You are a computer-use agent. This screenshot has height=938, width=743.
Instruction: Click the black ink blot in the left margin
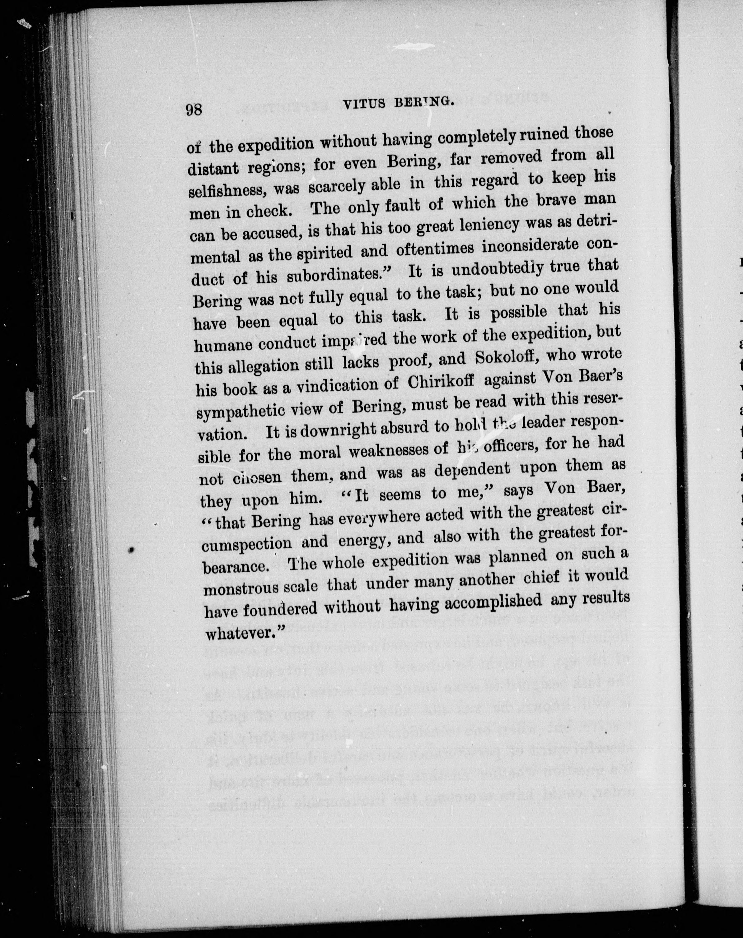pyautogui.click(x=130, y=550)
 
